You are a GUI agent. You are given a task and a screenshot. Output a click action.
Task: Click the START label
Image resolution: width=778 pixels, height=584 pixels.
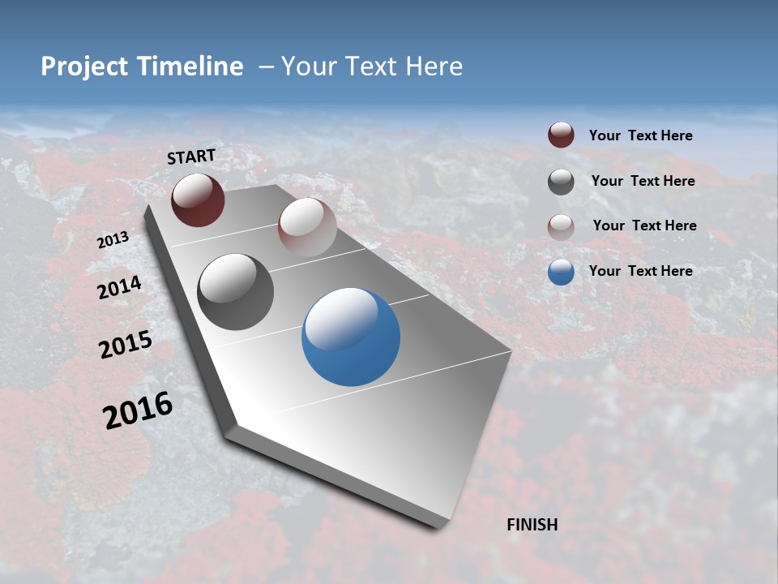pos(191,157)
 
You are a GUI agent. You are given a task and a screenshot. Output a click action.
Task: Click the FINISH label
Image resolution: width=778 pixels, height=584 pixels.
pos(532,525)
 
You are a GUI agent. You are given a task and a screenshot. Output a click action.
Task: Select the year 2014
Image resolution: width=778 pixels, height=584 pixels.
pos(119,288)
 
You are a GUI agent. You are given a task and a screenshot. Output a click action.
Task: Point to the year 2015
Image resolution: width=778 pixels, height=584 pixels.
pos(126,345)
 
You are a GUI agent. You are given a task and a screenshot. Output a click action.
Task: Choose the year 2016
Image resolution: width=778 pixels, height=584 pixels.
pos(138,410)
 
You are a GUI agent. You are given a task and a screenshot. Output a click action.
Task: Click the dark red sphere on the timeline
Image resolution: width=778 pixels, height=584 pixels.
pos(198,200)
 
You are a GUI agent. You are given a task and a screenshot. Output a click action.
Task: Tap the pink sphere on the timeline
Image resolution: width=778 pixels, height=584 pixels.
pos(307,226)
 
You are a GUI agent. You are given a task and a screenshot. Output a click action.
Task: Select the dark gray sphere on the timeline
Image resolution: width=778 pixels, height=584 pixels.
pos(235,292)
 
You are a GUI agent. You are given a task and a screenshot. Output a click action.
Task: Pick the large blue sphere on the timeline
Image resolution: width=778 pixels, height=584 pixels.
pos(351,337)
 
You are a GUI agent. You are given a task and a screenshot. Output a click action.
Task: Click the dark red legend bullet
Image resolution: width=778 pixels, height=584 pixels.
pos(561,135)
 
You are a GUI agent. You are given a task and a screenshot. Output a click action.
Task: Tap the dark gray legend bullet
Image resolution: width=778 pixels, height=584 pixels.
pos(561,182)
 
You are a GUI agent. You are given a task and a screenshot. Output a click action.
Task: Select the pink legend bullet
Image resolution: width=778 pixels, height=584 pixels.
pos(561,227)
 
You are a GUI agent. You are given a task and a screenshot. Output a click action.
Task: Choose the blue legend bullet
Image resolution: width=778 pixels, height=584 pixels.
pos(561,272)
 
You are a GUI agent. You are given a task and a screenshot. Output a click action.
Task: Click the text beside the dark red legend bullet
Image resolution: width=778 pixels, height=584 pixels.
pos(640,136)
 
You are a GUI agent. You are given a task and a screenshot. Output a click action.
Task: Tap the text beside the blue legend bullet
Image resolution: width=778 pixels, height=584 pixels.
pos(640,271)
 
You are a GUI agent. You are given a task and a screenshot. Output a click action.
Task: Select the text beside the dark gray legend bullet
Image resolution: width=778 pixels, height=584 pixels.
pos(643,181)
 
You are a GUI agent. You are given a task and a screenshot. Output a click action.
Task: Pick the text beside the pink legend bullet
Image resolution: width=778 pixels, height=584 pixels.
pos(644,225)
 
